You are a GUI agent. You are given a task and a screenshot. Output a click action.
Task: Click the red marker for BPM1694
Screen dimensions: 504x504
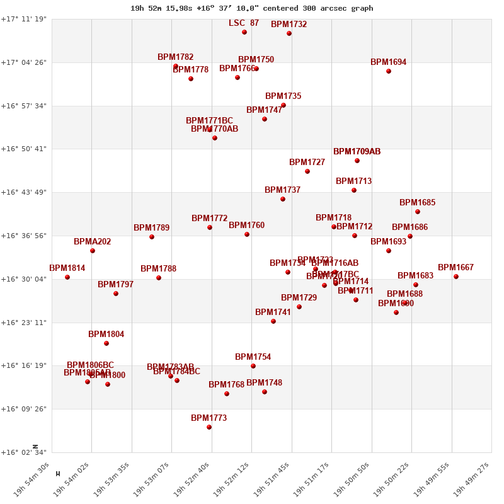[x=389, y=71]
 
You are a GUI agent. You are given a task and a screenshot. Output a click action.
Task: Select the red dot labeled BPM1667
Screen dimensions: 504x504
[x=456, y=277]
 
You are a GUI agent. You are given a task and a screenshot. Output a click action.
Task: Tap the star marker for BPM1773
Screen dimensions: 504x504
[x=209, y=427]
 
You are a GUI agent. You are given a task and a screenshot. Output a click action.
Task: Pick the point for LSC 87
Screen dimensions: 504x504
[x=244, y=32]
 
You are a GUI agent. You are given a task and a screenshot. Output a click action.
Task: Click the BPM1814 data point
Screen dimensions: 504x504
[x=67, y=277]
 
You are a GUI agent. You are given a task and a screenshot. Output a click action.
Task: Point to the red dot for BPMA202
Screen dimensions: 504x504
[x=93, y=251]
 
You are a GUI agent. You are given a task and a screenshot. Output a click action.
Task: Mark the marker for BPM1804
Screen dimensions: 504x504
[x=106, y=343]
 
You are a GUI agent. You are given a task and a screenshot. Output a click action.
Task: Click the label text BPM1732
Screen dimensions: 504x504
[x=289, y=25]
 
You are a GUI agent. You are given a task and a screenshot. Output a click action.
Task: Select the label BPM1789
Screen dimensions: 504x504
[x=151, y=228]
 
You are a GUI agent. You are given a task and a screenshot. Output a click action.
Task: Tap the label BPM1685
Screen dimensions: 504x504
[x=417, y=203]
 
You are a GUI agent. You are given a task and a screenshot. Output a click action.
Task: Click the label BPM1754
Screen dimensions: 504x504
[x=253, y=357]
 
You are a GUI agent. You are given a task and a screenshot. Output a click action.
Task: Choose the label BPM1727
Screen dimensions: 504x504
[x=307, y=163]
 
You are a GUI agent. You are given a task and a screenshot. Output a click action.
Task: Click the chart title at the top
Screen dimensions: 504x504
[x=251, y=8]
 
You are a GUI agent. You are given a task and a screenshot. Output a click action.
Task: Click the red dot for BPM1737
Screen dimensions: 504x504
[x=283, y=199]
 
